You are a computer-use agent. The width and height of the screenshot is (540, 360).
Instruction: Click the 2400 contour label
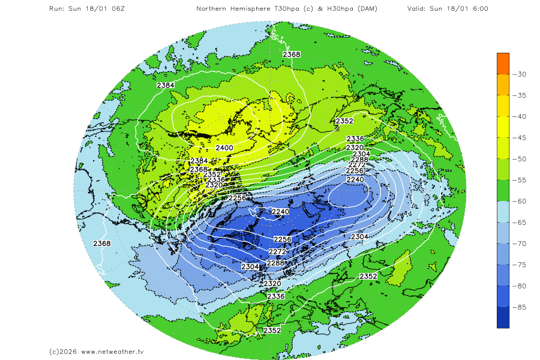pyautogui.click(x=224, y=148)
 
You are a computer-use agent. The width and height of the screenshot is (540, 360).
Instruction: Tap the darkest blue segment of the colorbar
pyautogui.click(x=503, y=317)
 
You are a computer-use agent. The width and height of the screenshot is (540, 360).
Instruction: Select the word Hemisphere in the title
pyautogui.click(x=251, y=9)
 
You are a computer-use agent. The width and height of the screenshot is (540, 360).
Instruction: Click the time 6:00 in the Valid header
pyautogui.click(x=478, y=9)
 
